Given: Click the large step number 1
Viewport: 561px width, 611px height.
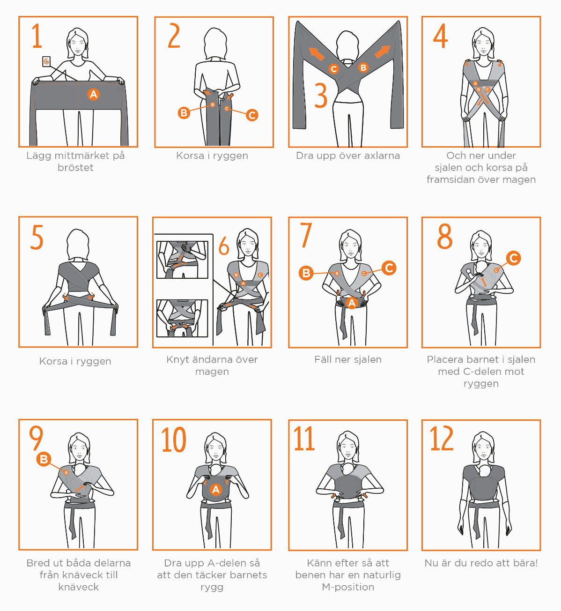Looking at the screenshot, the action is tap(37, 36).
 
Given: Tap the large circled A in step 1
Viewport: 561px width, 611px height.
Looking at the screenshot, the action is tap(94, 94).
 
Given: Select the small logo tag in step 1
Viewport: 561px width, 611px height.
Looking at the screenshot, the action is tap(46, 61).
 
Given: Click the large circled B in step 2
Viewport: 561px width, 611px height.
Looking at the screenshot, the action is tap(184, 113).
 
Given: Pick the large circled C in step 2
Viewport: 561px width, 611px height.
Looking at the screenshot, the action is tap(252, 115).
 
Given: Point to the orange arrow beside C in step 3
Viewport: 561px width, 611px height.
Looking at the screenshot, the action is tap(317, 54).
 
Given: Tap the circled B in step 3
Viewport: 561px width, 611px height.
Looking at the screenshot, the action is tap(363, 67).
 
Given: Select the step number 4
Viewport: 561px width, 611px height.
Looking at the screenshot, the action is tap(441, 36).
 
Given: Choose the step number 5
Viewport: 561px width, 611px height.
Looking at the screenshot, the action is tap(37, 237).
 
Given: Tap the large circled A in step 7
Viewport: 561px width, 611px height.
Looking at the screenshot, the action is tap(352, 303).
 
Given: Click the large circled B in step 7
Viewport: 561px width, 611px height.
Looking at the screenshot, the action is tap(306, 273).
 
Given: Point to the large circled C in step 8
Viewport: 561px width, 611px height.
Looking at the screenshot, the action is tap(514, 258).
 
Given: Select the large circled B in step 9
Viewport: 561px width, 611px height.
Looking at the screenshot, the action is tap(44, 459).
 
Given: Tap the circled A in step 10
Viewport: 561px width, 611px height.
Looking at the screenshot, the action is tap(216, 490).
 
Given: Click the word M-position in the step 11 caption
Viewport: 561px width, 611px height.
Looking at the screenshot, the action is tap(348, 587).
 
